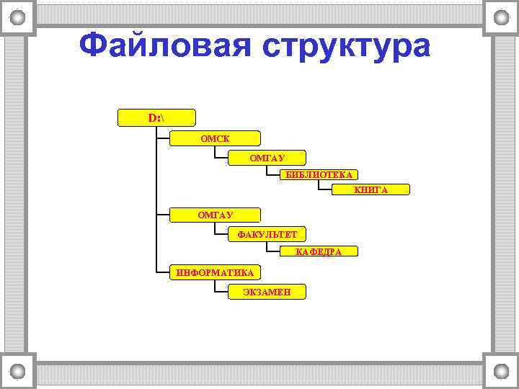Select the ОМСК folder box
[x=215, y=138]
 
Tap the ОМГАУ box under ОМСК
[x=266, y=157]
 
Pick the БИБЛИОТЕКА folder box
[x=319, y=174]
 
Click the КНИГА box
[x=371, y=189]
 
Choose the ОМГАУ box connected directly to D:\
[x=215, y=214]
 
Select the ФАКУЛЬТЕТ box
[x=266, y=233]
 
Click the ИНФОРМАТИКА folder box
[x=215, y=272]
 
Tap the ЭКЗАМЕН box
[x=266, y=291]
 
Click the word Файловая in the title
[x=165, y=47]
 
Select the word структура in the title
[x=345, y=47]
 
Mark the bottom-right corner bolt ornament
[x=500, y=372]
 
